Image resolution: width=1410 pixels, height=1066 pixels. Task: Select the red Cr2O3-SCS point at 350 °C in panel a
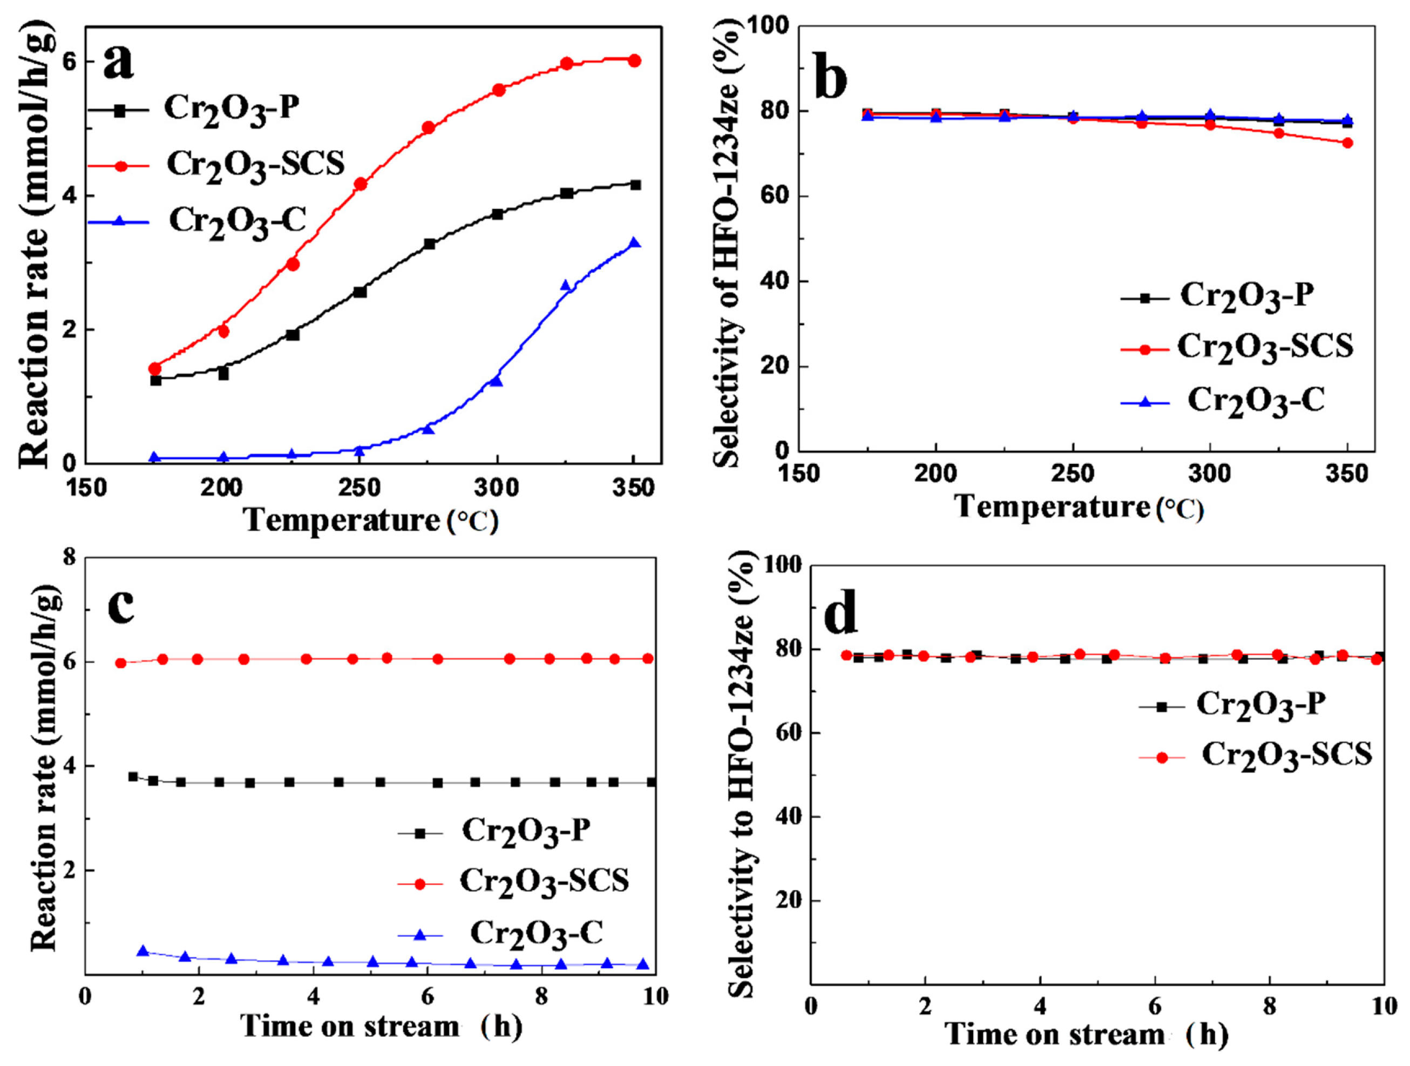[634, 60]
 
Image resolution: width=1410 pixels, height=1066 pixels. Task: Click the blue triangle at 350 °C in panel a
[634, 243]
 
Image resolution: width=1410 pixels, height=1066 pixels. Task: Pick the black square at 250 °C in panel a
[360, 292]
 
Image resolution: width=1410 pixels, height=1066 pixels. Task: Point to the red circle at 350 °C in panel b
[1347, 143]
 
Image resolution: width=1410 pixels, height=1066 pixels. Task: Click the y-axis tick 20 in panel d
[789, 900]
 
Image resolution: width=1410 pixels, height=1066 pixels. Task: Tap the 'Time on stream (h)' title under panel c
[381, 1027]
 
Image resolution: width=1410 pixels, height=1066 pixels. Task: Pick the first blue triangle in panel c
[144, 951]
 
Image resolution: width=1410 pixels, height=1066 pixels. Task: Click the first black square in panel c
[133, 777]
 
